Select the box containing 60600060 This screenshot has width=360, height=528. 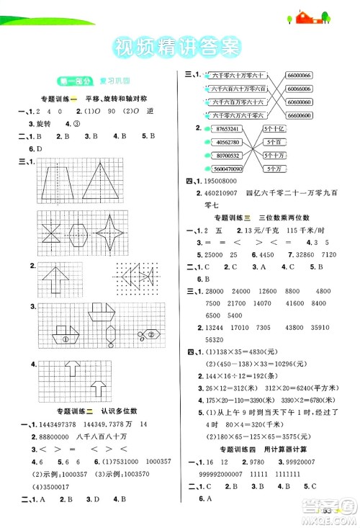tap(297, 102)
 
